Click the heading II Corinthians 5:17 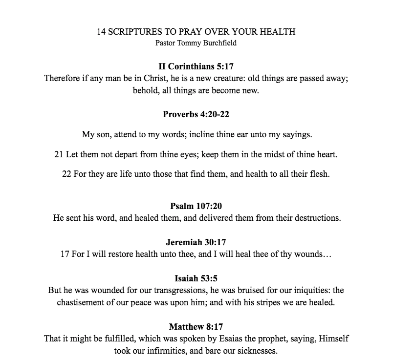196,66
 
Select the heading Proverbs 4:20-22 196,114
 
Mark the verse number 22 67,174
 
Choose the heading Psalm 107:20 196,206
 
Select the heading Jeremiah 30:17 196,242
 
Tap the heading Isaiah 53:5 196,278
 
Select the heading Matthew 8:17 196,327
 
